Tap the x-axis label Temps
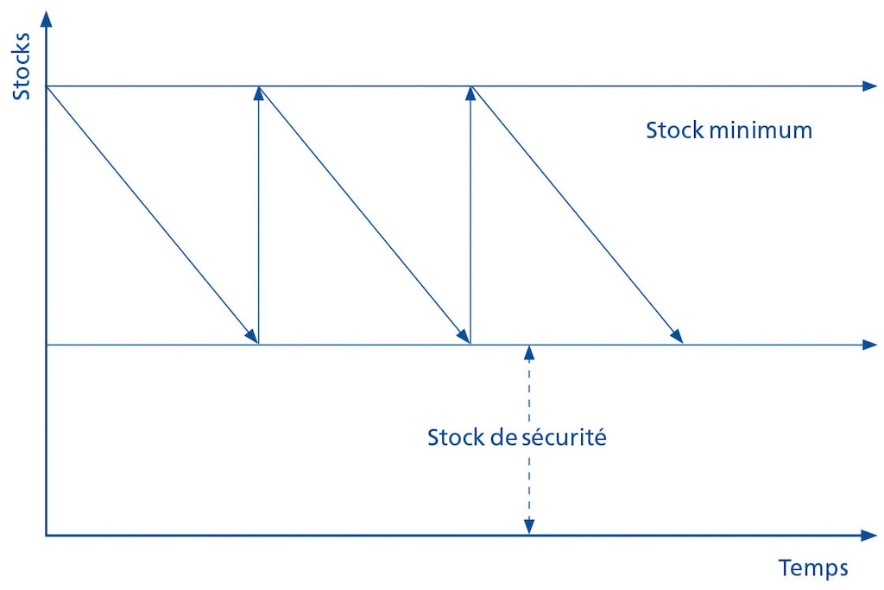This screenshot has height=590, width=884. coord(813,568)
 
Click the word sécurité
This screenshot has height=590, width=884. coord(565,437)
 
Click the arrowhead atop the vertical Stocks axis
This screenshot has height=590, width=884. coord(46,17)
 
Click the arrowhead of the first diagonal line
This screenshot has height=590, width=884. coord(251,336)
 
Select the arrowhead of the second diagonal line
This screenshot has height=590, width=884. coord(464,336)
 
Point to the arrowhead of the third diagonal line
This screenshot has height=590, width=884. coord(675,336)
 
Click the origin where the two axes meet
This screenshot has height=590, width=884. coord(46,536)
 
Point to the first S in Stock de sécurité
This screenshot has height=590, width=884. coord(433,437)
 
